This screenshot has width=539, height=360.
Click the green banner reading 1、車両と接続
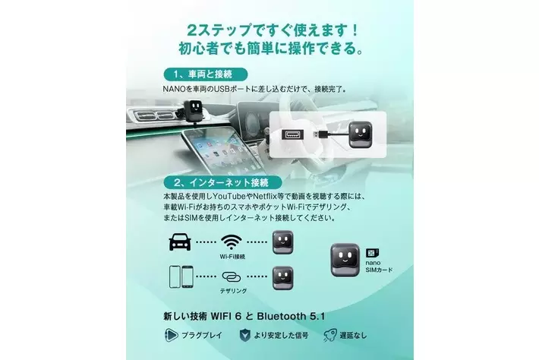click(x=206, y=74)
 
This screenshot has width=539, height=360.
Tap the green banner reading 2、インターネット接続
click(x=222, y=182)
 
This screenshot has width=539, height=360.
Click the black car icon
click(x=180, y=242)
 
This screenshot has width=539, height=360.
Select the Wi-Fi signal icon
click(x=232, y=242)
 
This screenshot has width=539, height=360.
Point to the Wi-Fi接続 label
click(x=232, y=257)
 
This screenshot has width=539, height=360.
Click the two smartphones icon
click(x=181, y=276)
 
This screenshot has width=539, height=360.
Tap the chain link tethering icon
click(x=232, y=276)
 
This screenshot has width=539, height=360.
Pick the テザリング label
click(x=233, y=291)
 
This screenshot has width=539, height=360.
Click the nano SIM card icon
click(x=372, y=254)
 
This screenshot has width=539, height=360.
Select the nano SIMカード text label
click(x=379, y=267)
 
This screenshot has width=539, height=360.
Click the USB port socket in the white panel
click(x=293, y=134)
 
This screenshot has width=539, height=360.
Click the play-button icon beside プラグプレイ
click(x=171, y=335)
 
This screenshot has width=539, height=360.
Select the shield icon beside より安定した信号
click(x=244, y=335)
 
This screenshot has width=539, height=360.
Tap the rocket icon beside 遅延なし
click(x=330, y=335)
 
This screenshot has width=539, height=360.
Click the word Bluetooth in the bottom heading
click(x=281, y=316)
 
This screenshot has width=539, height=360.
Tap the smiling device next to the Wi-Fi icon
click(x=283, y=242)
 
